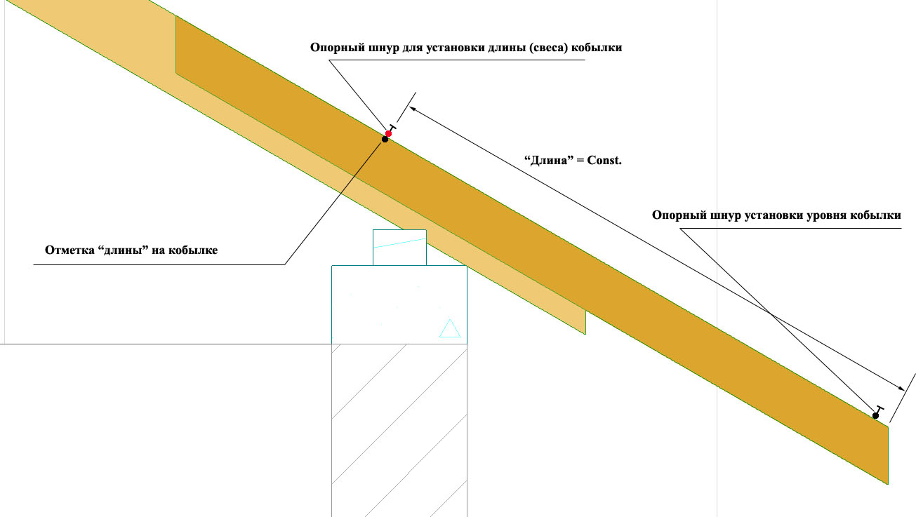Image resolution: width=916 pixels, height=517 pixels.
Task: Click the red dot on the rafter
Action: tap(388, 134)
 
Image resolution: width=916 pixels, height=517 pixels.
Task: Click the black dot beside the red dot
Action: tap(385, 140)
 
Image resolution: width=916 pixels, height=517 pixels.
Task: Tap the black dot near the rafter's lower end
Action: tap(875, 416)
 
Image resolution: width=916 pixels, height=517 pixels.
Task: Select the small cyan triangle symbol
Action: tap(450, 328)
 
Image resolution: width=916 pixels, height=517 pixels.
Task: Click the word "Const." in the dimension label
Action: tap(604, 160)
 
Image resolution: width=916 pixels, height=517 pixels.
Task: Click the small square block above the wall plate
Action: tap(399, 248)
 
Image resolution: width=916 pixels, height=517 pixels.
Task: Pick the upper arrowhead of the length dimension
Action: tap(413, 109)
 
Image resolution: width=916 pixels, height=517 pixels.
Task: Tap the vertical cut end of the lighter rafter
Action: tap(585, 323)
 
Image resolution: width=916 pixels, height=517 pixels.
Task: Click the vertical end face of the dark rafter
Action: tap(888, 455)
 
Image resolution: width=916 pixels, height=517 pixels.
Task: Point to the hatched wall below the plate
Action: tap(399, 430)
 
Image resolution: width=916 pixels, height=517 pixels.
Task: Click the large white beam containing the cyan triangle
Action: tap(399, 305)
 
